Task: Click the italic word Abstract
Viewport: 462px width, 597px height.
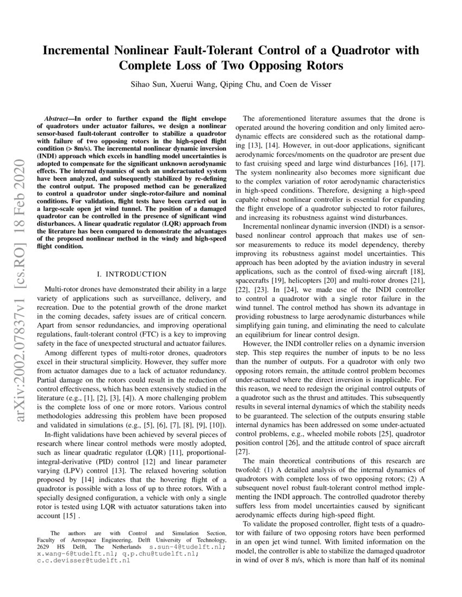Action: point(60,118)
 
